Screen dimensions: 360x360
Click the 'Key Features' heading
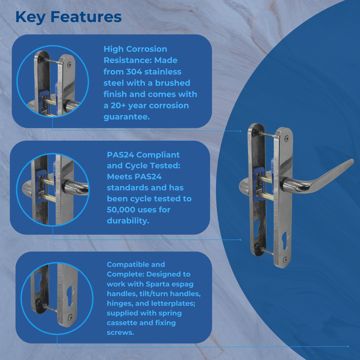pyautogui.click(x=68, y=17)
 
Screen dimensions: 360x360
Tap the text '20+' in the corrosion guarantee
pyautogui.click(x=123, y=105)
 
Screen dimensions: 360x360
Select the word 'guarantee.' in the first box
pyautogui.click(x=126, y=117)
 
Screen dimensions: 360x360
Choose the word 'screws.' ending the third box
pyautogui.click(x=120, y=333)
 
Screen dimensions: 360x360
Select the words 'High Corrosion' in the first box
pyautogui.click(x=135, y=49)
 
